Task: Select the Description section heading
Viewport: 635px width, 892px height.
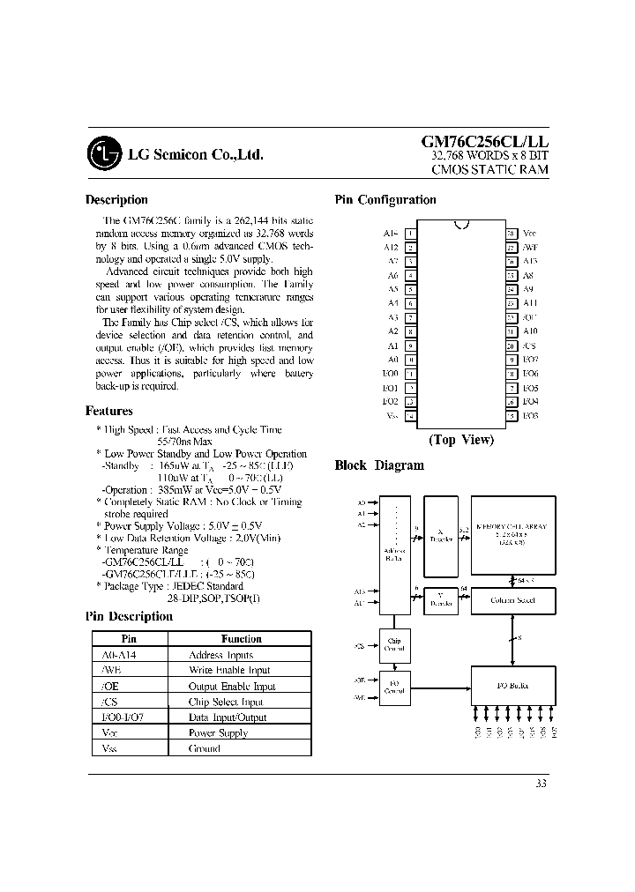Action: (116, 200)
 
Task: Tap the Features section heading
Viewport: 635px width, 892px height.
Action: (109, 411)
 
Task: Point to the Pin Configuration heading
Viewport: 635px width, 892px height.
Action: (385, 200)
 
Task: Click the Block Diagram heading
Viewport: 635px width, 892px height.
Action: (379, 465)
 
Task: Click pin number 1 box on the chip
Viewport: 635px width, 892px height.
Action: (411, 233)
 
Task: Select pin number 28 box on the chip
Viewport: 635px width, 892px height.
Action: (511, 233)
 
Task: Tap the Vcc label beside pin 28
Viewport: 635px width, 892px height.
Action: (529, 233)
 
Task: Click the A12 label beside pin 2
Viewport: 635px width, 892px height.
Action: (392, 248)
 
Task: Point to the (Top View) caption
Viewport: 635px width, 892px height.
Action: (461, 440)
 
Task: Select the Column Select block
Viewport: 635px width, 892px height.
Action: (512, 600)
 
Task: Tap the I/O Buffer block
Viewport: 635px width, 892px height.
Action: (512, 685)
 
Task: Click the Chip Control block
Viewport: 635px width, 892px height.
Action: (393, 644)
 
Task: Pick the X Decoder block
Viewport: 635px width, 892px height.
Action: (440, 534)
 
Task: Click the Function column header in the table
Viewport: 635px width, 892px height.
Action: (241, 639)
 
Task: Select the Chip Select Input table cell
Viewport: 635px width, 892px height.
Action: (226, 702)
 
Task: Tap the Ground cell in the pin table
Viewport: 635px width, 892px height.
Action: (205, 748)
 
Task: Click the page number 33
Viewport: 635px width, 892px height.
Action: (541, 784)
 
